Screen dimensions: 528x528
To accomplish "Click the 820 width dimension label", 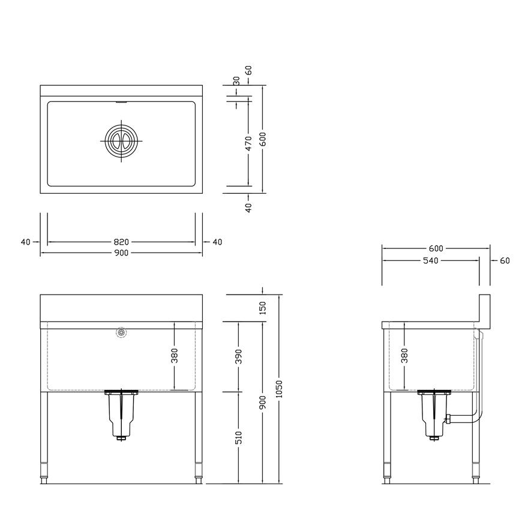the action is [121, 242].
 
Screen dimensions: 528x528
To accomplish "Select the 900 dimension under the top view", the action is [121, 253].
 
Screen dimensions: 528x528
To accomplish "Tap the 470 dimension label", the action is [248, 143].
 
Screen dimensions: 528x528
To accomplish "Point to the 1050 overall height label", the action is [279, 389].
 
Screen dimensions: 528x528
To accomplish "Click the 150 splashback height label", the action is [263, 308].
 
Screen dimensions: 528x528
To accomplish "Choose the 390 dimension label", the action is [238, 356].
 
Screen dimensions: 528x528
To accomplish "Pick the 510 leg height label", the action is [238, 438].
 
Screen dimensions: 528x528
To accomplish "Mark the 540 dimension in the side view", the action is [430, 260].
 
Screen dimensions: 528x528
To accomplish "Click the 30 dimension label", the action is [236, 81].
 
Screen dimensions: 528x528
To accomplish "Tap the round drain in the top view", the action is [121, 141].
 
